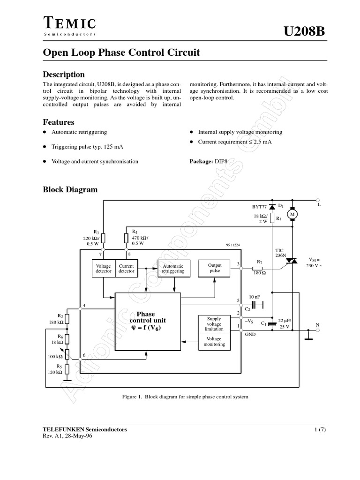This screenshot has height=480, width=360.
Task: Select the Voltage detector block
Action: pyautogui.click(x=103, y=269)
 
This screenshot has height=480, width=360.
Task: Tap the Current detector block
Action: pyautogui.click(x=126, y=269)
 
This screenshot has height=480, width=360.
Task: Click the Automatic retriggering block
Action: pyautogui.click(x=173, y=269)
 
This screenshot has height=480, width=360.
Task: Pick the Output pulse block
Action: pyautogui.click(x=215, y=268)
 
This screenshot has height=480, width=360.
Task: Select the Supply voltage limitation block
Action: pyautogui.click(x=213, y=323)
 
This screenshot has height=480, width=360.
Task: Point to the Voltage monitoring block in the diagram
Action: pyautogui.click(x=213, y=341)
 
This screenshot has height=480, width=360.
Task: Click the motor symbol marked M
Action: pyautogui.click(x=292, y=214)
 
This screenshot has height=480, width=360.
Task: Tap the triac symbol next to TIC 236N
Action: pyautogui.click(x=292, y=261)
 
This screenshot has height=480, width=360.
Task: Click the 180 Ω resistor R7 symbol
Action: pyautogui.click(x=257, y=268)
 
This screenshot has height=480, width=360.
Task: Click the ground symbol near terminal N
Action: pyautogui.click(x=308, y=337)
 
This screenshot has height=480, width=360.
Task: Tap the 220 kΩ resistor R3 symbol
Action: pyautogui.click(x=104, y=239)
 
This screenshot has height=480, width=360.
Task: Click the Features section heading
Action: pyautogui.click(x=59, y=122)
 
